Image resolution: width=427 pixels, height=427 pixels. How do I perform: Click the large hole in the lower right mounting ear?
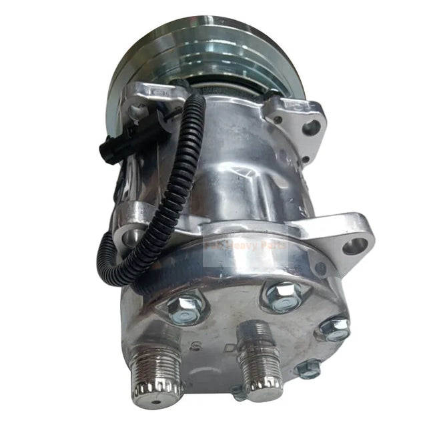point(355,246)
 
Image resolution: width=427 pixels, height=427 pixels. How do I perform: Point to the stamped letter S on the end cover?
point(196,346)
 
